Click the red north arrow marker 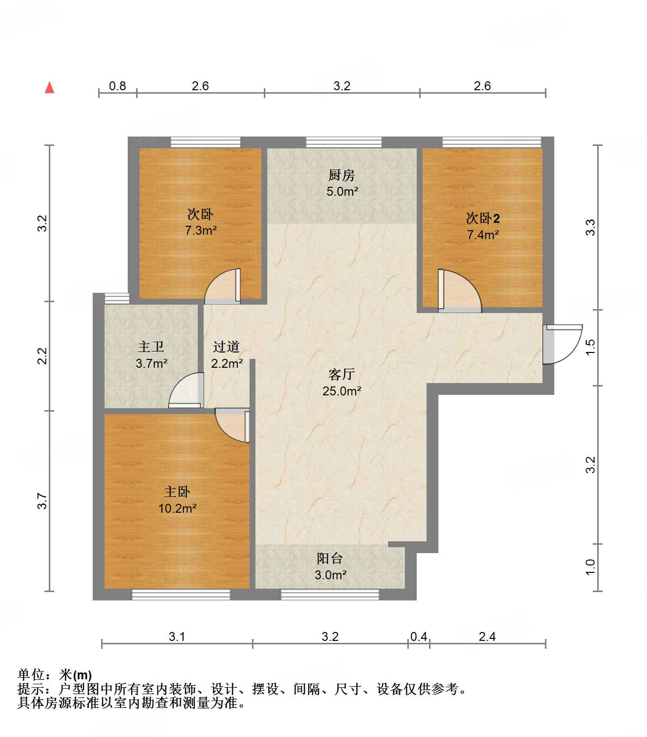(x=49, y=87)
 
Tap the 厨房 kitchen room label (x=341, y=175)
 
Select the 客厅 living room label (x=341, y=374)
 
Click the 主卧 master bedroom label (x=177, y=491)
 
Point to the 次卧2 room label (x=483, y=218)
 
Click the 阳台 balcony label (x=330, y=558)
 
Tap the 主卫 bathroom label (x=151, y=347)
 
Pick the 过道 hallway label (x=226, y=347)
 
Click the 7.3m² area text (x=201, y=230)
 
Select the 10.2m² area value (x=177, y=508)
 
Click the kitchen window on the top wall (x=344, y=142)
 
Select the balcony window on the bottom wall (x=329, y=595)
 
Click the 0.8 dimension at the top (x=117, y=86)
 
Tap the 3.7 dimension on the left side (x=43, y=501)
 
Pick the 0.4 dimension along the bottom (x=419, y=637)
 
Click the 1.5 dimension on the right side (x=590, y=347)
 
